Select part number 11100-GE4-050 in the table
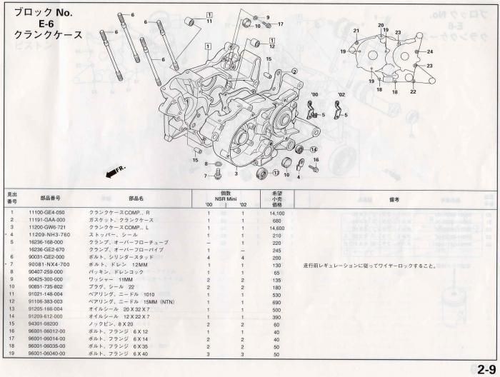coord(46,213)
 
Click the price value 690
coord(277,303)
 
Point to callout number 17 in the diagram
coord(281,24)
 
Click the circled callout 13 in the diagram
coord(276,173)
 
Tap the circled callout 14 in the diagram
coord(313,149)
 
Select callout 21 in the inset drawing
coord(356,31)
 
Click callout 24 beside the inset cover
coord(430,52)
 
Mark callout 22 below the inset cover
coord(413,91)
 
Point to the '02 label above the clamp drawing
coord(341,94)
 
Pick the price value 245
coord(277,250)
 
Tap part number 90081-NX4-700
coord(46,265)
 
